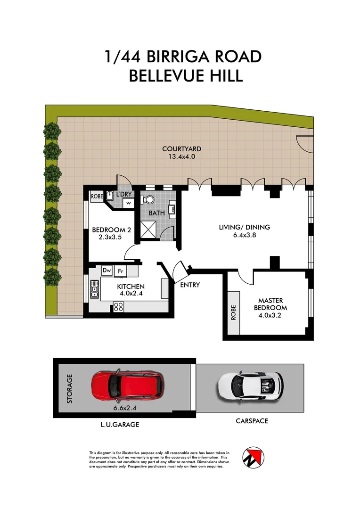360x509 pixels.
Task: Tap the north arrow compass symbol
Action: point(253,457)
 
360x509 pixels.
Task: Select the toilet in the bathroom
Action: point(151,200)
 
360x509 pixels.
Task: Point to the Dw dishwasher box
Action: point(107,271)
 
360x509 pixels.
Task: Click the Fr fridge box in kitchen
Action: point(121,271)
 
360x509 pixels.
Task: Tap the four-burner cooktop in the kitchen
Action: point(118,307)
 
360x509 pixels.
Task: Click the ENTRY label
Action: point(190,285)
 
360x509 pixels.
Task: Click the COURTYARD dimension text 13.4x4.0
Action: point(178,156)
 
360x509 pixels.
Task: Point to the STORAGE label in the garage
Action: point(70,388)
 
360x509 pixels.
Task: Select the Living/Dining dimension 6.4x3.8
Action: point(244,236)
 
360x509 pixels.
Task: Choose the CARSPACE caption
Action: point(252,421)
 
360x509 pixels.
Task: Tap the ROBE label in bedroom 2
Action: point(97,196)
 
